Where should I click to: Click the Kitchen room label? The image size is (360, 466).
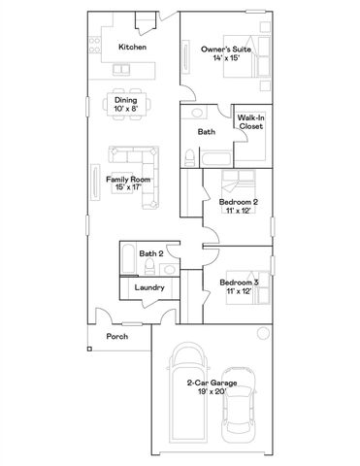[132, 47]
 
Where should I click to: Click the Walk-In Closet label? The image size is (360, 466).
[252, 121]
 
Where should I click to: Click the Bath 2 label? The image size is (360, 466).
[148, 253]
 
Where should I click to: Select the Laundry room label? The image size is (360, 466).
[149, 287]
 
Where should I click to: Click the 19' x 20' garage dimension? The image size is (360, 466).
[207, 392]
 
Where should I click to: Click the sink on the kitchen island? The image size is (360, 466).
[122, 70]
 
